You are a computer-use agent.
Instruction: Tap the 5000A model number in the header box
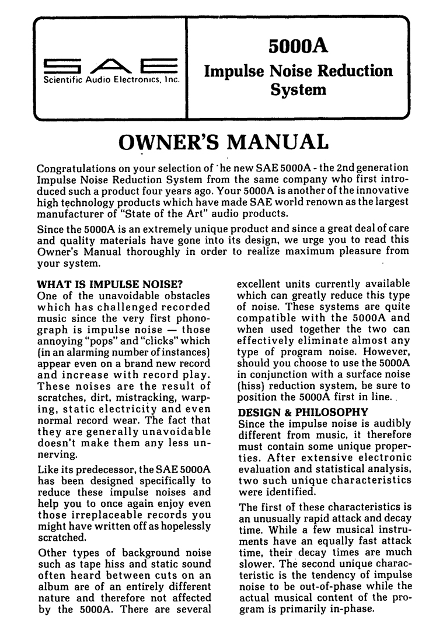coord(298,45)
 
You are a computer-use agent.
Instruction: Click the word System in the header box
coord(298,90)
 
